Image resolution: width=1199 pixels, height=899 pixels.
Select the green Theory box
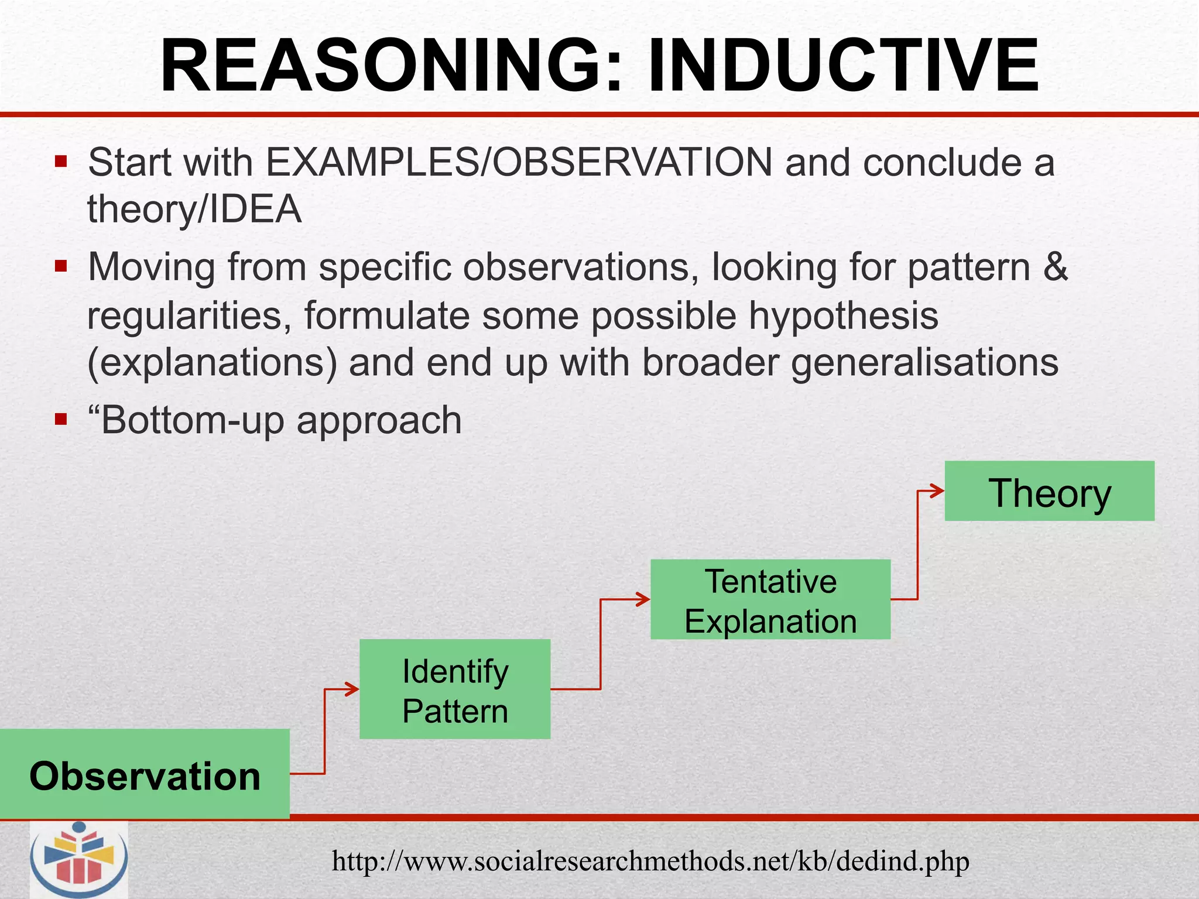tap(1049, 491)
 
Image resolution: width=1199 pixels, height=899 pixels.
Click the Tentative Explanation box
tap(770, 599)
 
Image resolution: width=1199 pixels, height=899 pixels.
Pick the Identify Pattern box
tap(455, 689)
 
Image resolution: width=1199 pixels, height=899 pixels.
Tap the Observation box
tap(145, 774)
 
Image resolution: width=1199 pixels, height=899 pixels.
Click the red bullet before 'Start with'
tap(61, 161)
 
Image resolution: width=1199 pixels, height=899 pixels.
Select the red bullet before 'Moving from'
tap(61, 266)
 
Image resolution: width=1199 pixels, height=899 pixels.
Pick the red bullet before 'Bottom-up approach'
tap(61, 419)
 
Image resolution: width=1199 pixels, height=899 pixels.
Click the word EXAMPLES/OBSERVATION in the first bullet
tap(519, 162)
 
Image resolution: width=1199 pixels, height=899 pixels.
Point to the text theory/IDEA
tap(194, 210)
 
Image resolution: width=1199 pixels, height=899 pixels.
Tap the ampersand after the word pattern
tap(1056, 267)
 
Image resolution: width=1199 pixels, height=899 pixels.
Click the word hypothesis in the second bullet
tap(844, 316)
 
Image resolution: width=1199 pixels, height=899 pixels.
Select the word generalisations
tap(924, 363)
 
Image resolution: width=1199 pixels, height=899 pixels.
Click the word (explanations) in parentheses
tap(212, 363)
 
